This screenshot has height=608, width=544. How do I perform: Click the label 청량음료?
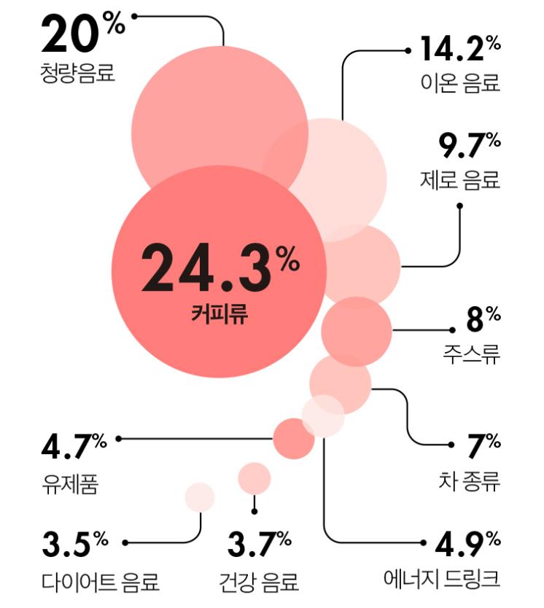(x=78, y=74)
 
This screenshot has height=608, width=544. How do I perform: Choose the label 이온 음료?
(x=460, y=82)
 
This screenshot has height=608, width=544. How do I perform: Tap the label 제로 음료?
(x=460, y=179)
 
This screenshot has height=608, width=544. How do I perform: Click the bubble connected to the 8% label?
(x=357, y=332)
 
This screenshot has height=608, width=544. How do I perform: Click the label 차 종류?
(x=470, y=482)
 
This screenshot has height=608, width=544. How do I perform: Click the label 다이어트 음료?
(x=100, y=582)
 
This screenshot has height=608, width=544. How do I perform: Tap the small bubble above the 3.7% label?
(x=254, y=478)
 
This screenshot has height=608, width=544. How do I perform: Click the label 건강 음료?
(x=259, y=582)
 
